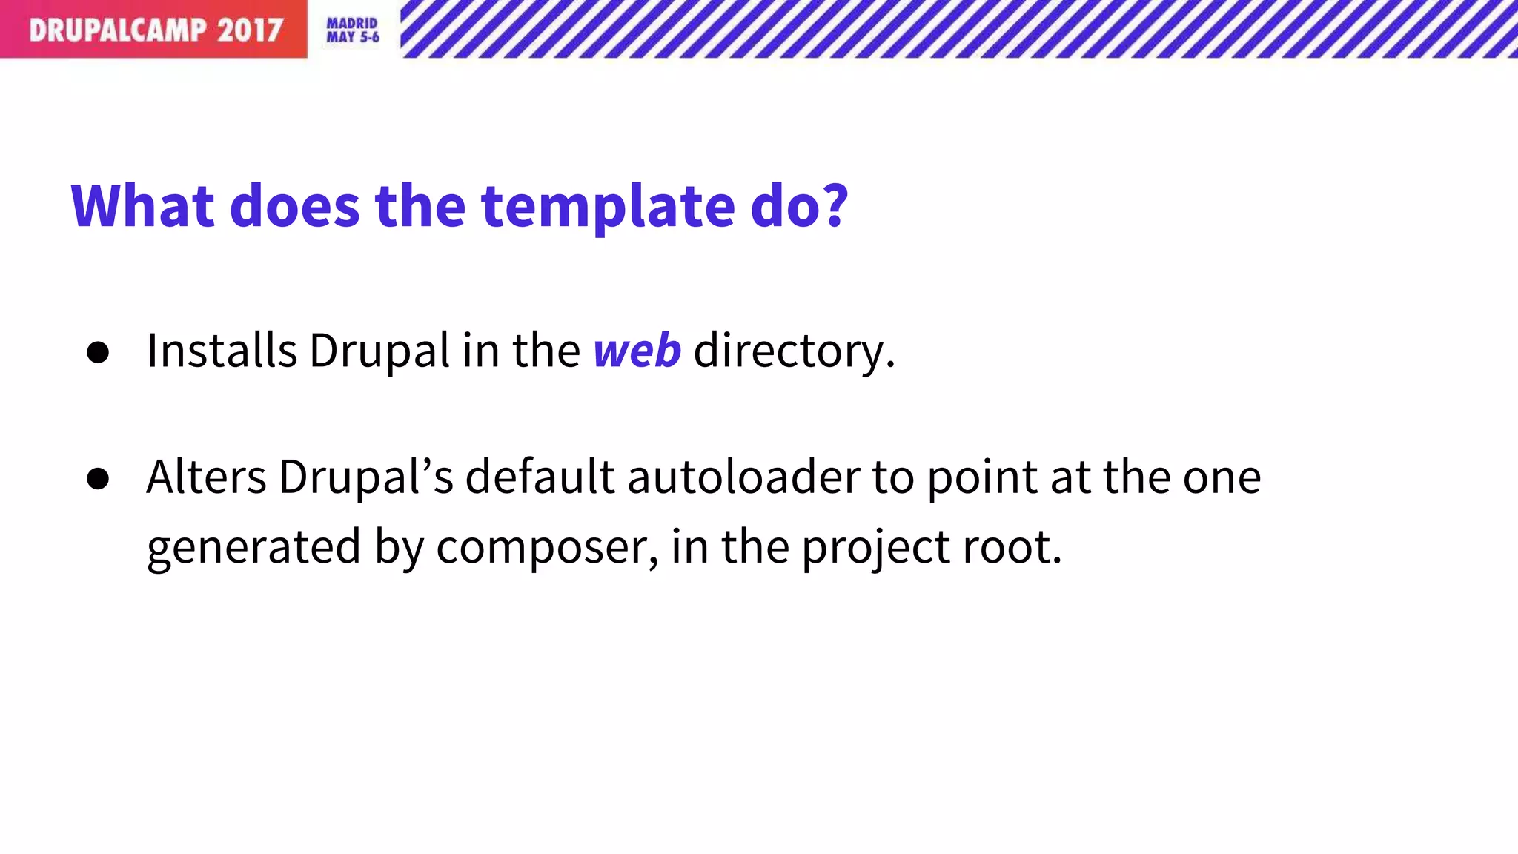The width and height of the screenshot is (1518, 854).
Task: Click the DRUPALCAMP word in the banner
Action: pyautogui.click(x=118, y=30)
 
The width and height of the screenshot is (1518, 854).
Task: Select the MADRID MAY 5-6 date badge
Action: pyautogui.click(x=353, y=30)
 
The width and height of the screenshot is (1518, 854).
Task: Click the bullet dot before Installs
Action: pyautogui.click(x=98, y=352)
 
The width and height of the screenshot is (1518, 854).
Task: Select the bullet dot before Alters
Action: pyautogui.click(x=98, y=478)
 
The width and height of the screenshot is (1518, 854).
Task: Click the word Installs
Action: pyautogui.click(x=222, y=350)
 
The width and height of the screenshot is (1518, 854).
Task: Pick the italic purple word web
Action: pyautogui.click(x=637, y=350)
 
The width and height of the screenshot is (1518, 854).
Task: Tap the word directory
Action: pyautogui.click(x=793, y=351)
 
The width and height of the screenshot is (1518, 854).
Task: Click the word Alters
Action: pyautogui.click(x=206, y=477)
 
